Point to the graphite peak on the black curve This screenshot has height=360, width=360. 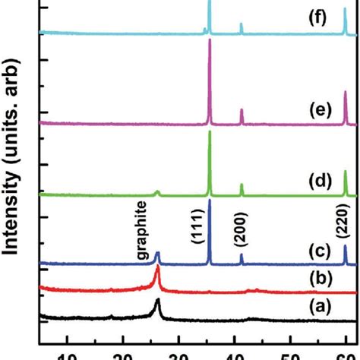(x=157, y=302)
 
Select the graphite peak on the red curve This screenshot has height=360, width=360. (x=157, y=272)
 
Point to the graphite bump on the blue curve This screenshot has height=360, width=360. (x=157, y=254)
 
